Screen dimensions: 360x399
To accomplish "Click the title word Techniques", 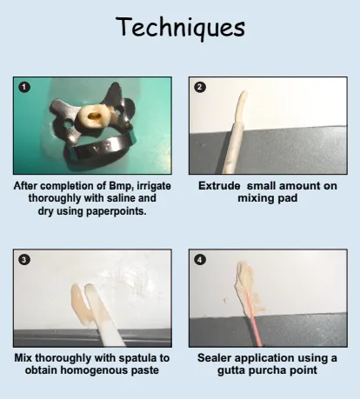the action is tap(181, 27).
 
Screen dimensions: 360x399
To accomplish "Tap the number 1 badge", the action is tap(24, 87).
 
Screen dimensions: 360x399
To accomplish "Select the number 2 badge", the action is tap(200, 87).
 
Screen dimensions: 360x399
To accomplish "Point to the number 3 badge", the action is tap(24, 259).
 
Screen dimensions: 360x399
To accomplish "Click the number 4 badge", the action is tap(200, 259).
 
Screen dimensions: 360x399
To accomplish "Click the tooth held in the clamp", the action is tap(92, 117).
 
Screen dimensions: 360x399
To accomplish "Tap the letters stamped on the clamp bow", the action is tap(102, 148).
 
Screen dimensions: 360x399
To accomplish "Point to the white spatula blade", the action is tap(104, 316).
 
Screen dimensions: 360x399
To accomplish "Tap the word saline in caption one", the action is tap(120, 198).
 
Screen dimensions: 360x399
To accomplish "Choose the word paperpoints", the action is tap(117, 211).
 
